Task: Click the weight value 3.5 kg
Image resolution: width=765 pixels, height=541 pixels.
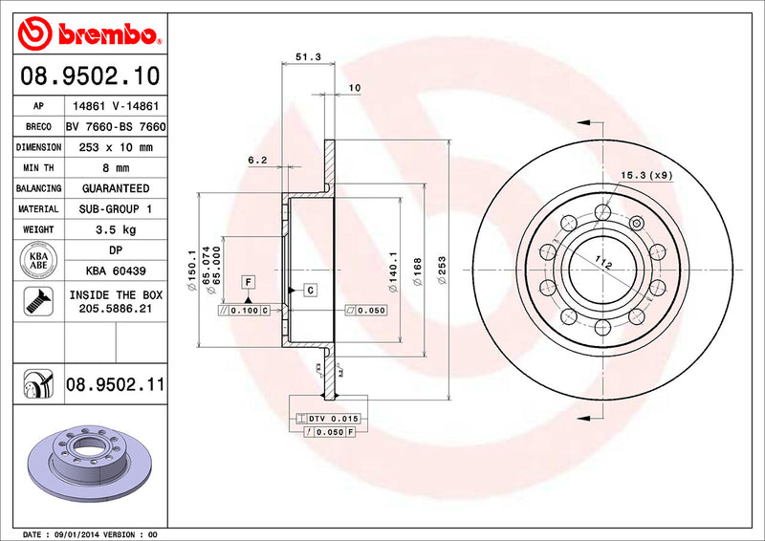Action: point(116,229)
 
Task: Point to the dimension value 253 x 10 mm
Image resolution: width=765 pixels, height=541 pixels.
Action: point(116,147)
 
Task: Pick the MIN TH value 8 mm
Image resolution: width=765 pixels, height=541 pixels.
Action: point(116,168)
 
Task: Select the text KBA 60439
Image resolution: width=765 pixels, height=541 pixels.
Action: point(116,271)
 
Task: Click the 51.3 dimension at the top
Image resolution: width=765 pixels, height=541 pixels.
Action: point(307,57)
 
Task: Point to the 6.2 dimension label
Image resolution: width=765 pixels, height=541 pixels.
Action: point(257,161)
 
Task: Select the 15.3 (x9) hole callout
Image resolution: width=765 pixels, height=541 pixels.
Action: point(645,175)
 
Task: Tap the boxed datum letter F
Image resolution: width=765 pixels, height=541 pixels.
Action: point(248,282)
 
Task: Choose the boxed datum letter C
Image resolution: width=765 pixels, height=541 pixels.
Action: point(311,289)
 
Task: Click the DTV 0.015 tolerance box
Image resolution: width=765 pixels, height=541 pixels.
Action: point(327,420)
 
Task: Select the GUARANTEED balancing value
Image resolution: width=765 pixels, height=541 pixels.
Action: point(116,188)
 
